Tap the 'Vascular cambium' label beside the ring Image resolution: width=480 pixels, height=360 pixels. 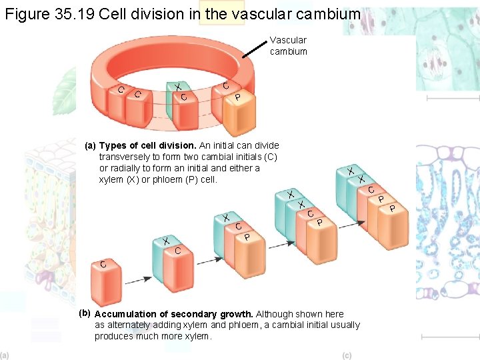pyautogui.click(x=288, y=46)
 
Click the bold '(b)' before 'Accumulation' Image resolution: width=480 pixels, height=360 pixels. pyautogui.click(x=84, y=313)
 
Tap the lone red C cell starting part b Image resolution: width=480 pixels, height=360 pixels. pyautogui.click(x=106, y=284)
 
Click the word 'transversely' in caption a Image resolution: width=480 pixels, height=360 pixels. pyautogui.click(x=125, y=157)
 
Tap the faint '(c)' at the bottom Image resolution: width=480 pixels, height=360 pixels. pyautogui.click(x=347, y=355)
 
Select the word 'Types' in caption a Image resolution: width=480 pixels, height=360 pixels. pyautogui.click(x=112, y=145)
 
